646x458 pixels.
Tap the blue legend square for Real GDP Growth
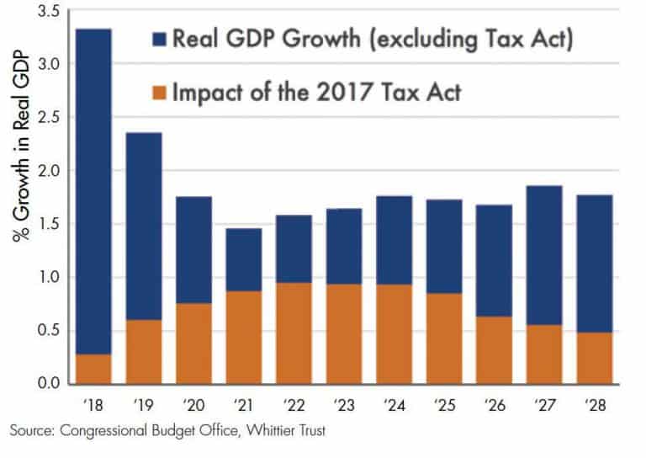click(161, 39)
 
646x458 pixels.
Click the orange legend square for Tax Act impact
click(161, 92)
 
